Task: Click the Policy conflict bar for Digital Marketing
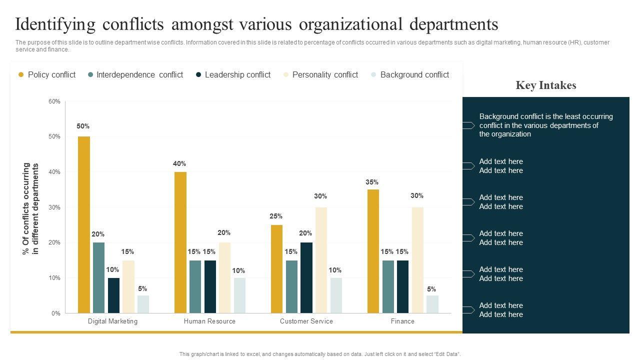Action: [84, 225]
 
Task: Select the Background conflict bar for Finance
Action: [432, 304]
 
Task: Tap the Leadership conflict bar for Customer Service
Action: [306, 277]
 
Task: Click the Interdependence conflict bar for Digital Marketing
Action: [99, 277]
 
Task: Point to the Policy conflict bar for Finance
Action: [373, 251]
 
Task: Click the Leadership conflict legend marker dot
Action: [198, 75]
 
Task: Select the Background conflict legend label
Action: [414, 75]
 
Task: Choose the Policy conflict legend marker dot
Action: [21, 75]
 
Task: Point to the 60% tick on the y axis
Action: [54, 101]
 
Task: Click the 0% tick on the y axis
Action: [56, 313]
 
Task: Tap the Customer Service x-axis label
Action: [306, 321]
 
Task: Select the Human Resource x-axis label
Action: [209, 321]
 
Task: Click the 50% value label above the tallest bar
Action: [83, 126]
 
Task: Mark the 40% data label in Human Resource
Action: [179, 164]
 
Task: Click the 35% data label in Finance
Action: [372, 182]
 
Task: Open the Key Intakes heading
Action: [546, 85]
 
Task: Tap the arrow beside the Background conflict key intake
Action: [468, 125]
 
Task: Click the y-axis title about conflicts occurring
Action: [31, 208]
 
